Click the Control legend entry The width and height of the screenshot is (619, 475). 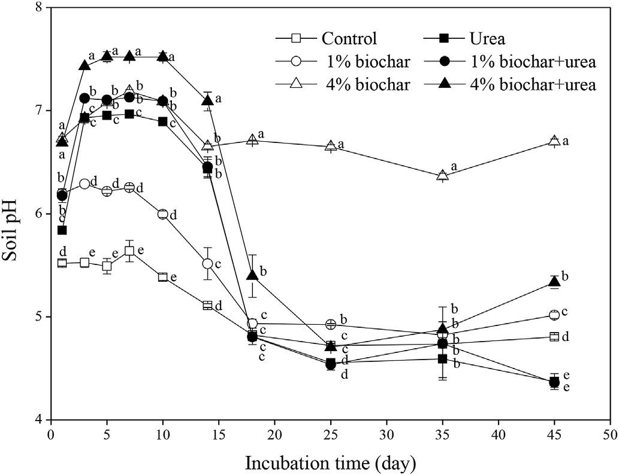(349, 39)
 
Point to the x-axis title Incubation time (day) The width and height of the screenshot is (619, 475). (330, 462)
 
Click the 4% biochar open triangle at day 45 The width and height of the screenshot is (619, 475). (554, 141)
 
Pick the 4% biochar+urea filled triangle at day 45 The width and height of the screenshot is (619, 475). (554, 282)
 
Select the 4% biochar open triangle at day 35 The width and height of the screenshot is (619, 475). (442, 175)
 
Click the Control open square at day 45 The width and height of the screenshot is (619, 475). (554, 337)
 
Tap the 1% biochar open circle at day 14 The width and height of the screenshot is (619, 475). (207, 263)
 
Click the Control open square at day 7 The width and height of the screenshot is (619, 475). (129, 251)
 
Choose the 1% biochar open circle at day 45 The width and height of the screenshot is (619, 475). (554, 315)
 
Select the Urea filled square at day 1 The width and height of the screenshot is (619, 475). (62, 230)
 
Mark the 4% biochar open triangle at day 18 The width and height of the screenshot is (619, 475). (252, 139)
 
